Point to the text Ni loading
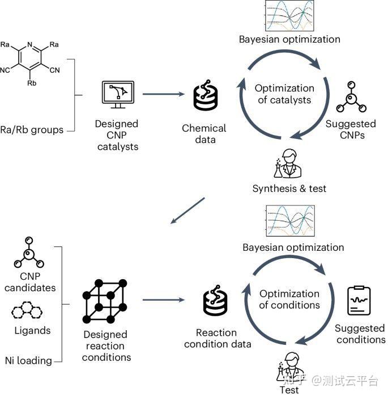[28, 360]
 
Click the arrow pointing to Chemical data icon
[164, 94]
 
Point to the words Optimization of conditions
[289, 299]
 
